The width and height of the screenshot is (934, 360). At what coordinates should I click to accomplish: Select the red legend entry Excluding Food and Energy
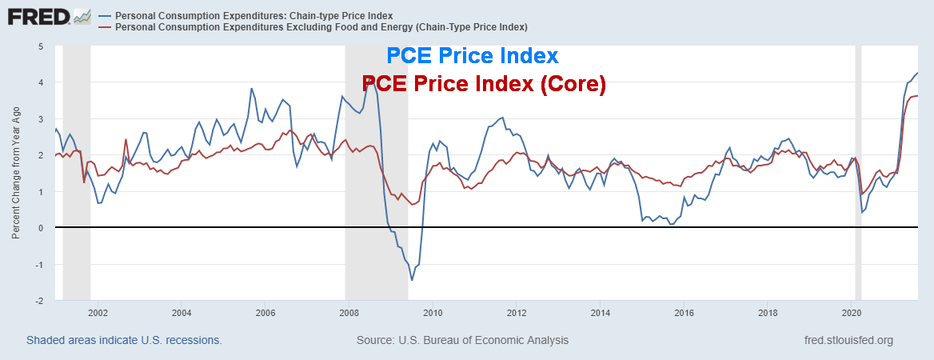point(321,27)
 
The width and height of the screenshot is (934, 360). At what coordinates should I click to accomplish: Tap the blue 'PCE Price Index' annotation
point(472,56)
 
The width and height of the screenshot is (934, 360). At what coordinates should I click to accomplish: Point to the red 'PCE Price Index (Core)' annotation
point(484,84)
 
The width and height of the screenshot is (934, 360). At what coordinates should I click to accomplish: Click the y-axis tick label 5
point(40,46)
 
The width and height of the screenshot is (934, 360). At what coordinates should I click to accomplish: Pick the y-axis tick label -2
point(38,300)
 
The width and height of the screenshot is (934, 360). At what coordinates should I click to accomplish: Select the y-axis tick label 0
point(40,228)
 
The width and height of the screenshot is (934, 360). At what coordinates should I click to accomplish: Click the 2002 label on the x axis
point(97,313)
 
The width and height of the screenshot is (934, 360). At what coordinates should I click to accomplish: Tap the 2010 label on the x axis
point(433,313)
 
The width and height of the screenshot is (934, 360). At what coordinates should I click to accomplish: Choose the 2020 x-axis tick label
point(852,313)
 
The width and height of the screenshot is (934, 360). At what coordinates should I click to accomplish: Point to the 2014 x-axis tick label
point(600,313)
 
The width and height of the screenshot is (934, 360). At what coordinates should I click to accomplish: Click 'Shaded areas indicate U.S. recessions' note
point(124,340)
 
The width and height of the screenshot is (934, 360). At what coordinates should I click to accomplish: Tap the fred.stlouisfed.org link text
point(848,340)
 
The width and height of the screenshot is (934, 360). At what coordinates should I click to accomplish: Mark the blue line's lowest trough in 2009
point(412,280)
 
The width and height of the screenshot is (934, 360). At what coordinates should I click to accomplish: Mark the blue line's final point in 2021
point(917,74)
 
